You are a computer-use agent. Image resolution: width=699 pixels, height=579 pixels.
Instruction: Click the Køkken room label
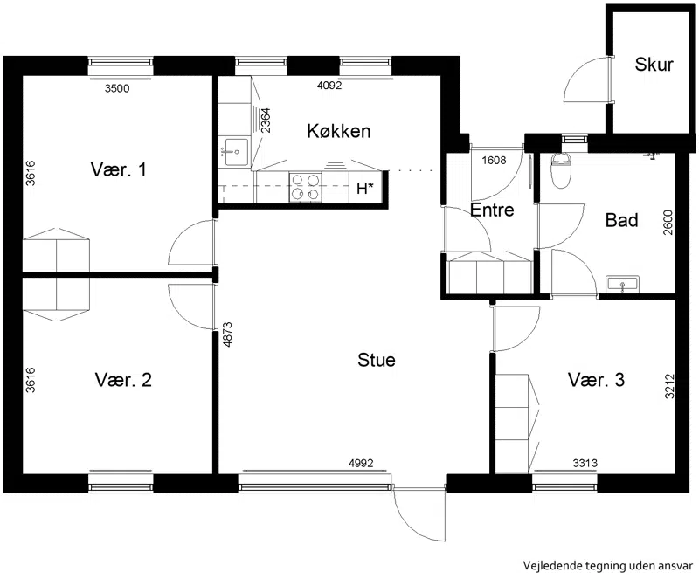coord(338,131)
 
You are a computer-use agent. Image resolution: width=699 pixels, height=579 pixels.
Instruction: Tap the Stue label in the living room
coord(377,360)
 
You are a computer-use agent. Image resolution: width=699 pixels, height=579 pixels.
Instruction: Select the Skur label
coord(654,65)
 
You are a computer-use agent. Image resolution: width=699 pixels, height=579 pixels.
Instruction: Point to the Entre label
coord(492,210)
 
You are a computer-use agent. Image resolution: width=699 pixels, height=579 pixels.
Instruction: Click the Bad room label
coord(621,220)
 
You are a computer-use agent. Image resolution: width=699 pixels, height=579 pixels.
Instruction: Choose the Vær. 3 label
coord(596,380)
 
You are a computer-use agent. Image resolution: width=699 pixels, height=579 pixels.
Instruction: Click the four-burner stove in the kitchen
coord(305,187)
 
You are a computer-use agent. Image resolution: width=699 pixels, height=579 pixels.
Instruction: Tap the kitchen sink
coord(236,152)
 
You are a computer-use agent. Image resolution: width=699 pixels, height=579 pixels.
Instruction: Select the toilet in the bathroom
coord(561,169)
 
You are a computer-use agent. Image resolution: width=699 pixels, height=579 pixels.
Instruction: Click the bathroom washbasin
coord(622,285)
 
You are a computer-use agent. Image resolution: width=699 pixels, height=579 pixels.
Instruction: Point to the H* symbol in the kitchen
coord(364,189)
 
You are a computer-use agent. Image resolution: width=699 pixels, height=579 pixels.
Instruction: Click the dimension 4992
coord(361,464)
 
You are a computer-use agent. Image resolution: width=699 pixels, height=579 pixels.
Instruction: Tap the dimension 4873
coord(227,334)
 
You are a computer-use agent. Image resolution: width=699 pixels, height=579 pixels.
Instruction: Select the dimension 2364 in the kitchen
coord(266,121)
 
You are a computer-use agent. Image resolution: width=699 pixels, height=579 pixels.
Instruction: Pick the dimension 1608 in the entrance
coord(494,160)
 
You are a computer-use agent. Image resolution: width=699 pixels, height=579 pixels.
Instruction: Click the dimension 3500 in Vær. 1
coord(117,88)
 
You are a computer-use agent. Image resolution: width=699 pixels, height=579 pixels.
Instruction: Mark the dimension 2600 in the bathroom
coord(668,223)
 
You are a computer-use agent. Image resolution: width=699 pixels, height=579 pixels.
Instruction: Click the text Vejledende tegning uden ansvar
coord(608,566)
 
